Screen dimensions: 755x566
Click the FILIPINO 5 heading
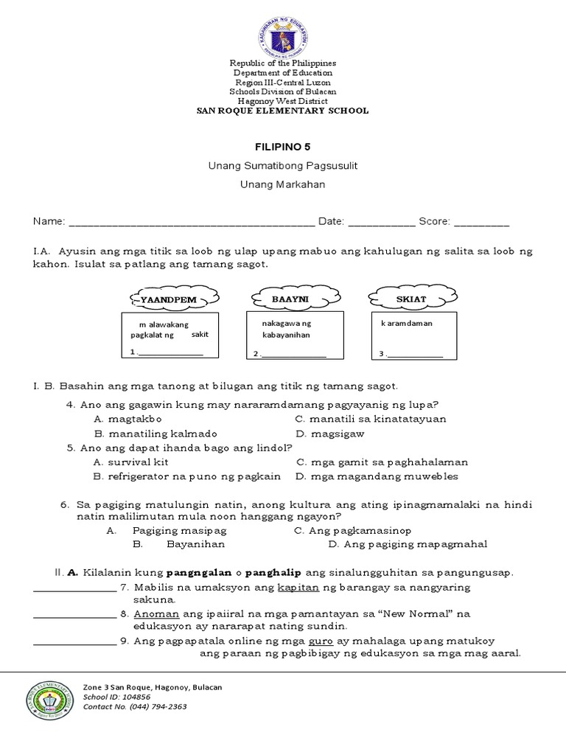(x=282, y=147)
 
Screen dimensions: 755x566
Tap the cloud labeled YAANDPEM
(x=175, y=298)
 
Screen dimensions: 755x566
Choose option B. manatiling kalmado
(x=155, y=434)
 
